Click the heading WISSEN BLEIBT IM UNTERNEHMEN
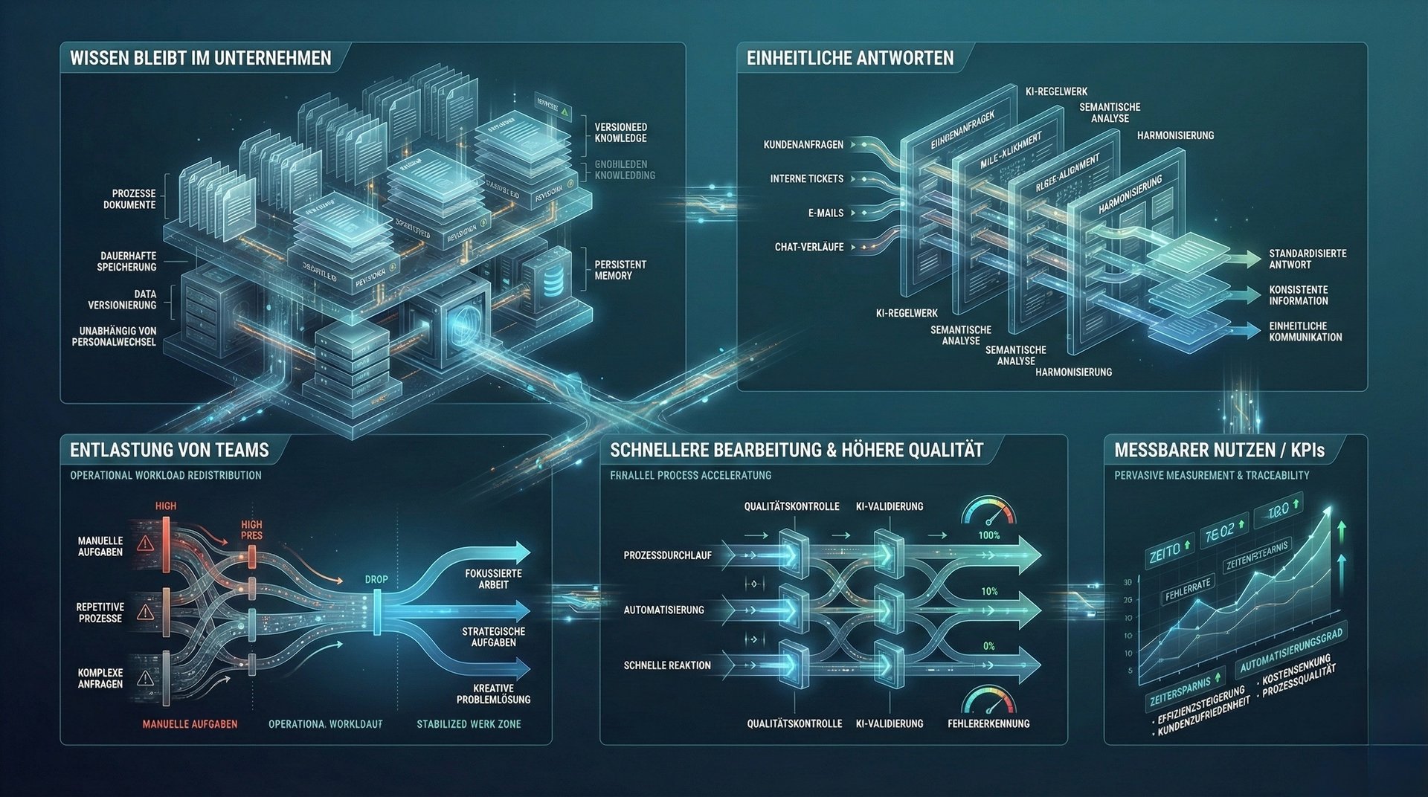(200, 58)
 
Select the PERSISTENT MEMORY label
(620, 270)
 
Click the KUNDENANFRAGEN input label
(803, 144)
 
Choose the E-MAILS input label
(826, 213)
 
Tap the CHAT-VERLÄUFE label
(809, 247)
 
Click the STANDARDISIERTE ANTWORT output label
(1308, 259)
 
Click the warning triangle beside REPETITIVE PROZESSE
(146, 613)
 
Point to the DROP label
(376, 579)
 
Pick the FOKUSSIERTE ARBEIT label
(493, 579)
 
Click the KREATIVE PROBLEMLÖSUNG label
(493, 694)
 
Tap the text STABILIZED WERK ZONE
(469, 724)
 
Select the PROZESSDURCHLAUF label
(667, 555)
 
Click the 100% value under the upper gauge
(988, 535)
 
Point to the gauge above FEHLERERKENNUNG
(988, 700)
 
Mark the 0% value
(988, 646)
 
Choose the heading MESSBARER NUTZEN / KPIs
(1219, 450)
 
